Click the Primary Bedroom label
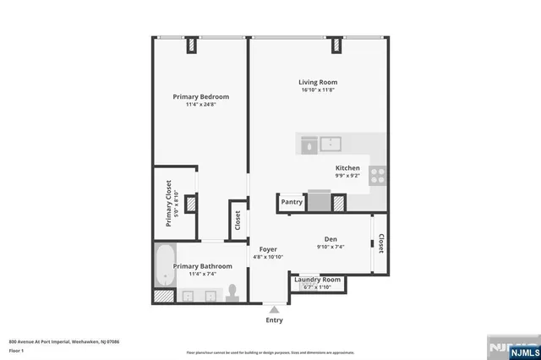pos(200,97)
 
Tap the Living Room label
pos(319,83)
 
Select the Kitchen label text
pos(347,168)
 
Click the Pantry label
pos(292,203)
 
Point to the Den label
pos(331,239)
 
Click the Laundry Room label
pos(318,280)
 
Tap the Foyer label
pos(268,249)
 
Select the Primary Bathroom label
pos(202,266)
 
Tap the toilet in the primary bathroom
pos(234,292)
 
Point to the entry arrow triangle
pos(273,309)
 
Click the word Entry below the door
pos(274,321)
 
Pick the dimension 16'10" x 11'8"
pos(319,91)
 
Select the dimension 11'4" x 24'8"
pos(200,106)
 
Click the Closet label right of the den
pos(381,244)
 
